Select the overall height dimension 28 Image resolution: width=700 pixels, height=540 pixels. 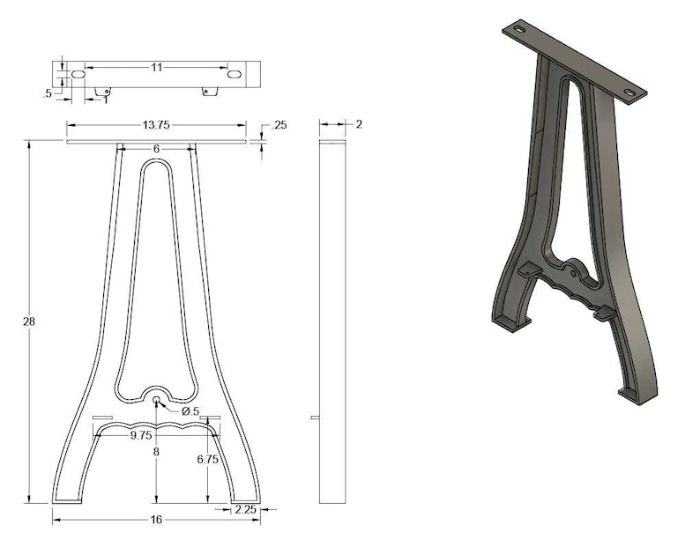tap(29, 322)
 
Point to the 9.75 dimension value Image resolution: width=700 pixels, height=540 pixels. tap(142, 435)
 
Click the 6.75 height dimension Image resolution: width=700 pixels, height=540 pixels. tap(208, 459)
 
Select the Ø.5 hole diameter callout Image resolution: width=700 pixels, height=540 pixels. tap(191, 411)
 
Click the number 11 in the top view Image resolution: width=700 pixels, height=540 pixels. tap(156, 67)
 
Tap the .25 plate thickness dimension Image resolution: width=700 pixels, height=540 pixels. tap(279, 126)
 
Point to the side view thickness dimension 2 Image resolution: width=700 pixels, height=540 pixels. tap(359, 124)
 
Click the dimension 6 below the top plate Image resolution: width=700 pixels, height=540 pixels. tap(156, 149)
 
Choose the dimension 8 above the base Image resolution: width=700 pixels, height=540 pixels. tap(156, 452)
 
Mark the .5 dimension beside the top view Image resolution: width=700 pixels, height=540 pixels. tap(47, 92)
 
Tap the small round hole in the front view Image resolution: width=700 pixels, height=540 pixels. tap(157, 401)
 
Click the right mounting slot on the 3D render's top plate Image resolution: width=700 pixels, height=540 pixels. tap(632, 91)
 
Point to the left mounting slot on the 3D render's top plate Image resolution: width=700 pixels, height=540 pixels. tap(517, 31)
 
